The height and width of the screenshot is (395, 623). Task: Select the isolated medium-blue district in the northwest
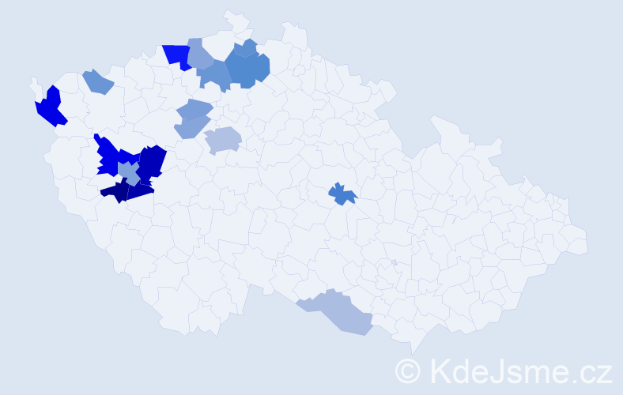[97, 81]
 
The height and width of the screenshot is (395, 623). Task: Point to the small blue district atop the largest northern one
[246, 48]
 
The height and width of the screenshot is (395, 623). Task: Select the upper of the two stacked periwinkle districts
[194, 109]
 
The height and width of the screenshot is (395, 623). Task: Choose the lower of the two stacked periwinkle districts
[190, 126]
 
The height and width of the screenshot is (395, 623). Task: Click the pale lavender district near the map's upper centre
[223, 140]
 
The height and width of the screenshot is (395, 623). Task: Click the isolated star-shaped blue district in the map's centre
[342, 193]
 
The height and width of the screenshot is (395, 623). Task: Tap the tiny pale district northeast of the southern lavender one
[394, 262]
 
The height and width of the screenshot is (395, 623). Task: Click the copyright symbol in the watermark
[407, 371]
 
